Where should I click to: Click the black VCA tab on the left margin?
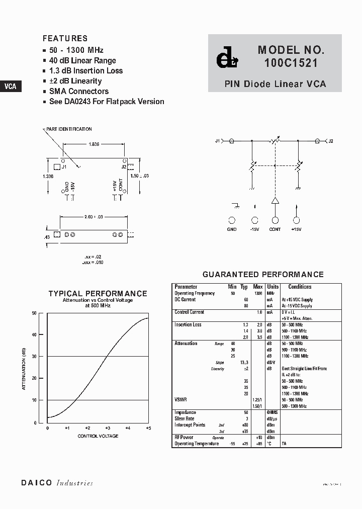(10, 86)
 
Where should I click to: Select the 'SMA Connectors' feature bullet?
(78, 91)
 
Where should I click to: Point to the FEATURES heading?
(65, 38)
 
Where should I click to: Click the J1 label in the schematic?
(218, 141)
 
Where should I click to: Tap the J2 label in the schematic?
(330, 141)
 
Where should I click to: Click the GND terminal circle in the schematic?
(232, 220)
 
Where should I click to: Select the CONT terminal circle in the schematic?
(275, 220)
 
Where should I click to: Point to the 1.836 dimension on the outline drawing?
(94, 144)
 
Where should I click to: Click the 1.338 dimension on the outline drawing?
(48, 176)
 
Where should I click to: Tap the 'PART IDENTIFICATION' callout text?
(69, 129)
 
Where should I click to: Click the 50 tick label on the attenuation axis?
(34, 313)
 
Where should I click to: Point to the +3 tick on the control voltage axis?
(107, 428)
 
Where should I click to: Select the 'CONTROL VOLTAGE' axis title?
(98, 436)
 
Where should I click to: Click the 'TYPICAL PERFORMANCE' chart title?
(98, 294)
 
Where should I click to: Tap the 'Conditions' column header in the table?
(300, 287)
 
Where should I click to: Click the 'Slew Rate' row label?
(184, 418)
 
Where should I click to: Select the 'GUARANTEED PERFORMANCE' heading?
(262, 275)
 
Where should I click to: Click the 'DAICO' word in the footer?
(37, 483)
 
